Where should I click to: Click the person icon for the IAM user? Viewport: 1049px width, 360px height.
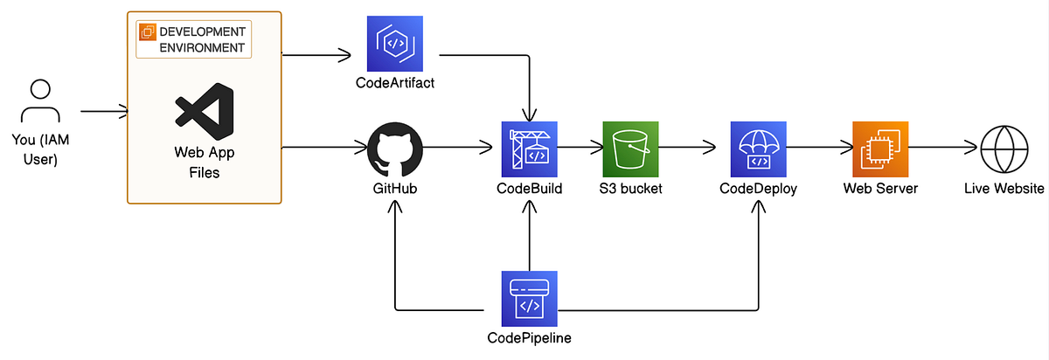point(39,104)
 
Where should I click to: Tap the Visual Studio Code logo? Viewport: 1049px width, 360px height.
point(205,112)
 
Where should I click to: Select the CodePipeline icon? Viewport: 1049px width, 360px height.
point(529,298)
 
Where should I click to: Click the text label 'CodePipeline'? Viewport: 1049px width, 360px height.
point(530,338)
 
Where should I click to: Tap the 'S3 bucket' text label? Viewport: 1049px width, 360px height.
point(631,189)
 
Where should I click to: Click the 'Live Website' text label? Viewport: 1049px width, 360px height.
point(1004,189)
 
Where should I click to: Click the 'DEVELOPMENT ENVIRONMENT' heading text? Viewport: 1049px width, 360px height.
point(202,39)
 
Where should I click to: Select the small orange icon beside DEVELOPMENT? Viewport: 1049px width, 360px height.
point(147,32)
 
